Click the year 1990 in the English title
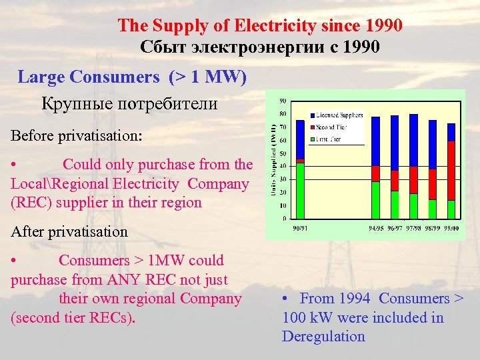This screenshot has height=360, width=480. coord(384,26)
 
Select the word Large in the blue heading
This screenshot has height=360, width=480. coord(42,77)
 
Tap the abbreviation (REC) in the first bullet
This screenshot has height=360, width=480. coord(32,202)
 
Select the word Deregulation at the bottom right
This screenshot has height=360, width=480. coord(323,336)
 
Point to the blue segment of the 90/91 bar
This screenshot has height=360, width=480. coord(300,139)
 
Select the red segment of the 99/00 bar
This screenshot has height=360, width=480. coord(451,170)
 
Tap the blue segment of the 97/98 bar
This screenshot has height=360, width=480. coord(413,140)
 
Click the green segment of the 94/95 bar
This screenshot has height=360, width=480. coord(375,200)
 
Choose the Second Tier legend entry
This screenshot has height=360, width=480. coord(331,127)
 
